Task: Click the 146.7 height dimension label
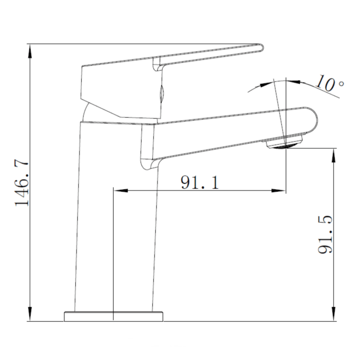click(x=22, y=183)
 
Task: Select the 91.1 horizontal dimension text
click(x=200, y=182)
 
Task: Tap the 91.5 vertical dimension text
click(x=325, y=234)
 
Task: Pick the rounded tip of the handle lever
click(x=260, y=48)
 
